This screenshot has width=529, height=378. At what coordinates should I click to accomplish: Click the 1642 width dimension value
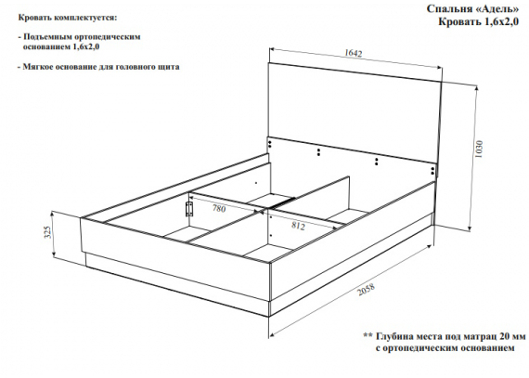point(354,53)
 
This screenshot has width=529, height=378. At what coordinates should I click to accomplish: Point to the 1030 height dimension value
point(479,150)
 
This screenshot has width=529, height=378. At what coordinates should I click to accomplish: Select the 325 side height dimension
point(48,232)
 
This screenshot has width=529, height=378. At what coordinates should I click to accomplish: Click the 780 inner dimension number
point(219,209)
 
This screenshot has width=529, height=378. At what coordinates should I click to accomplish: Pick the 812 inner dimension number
point(298,226)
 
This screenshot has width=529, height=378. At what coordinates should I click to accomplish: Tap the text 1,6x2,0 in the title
point(502,22)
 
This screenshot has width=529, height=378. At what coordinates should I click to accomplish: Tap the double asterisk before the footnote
point(368,336)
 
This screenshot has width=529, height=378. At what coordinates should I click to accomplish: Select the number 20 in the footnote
point(495,336)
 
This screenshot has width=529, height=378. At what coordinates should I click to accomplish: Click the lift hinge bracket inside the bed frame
point(189,209)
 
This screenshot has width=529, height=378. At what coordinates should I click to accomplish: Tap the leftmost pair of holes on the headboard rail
point(270,145)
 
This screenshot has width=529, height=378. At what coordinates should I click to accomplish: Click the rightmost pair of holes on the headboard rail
point(432,171)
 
